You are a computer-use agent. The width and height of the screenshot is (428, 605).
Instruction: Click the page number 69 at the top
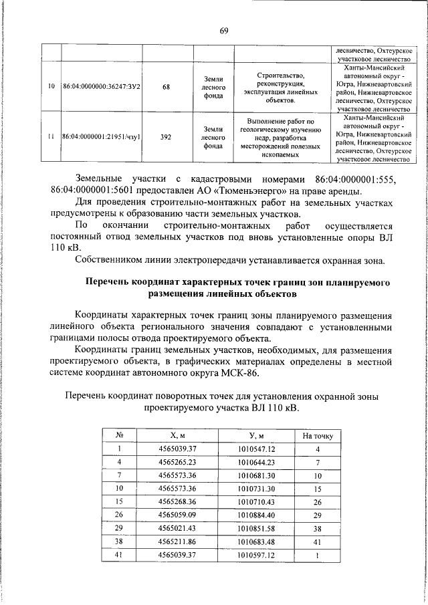coord(223,30)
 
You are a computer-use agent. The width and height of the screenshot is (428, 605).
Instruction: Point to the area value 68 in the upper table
coord(167,87)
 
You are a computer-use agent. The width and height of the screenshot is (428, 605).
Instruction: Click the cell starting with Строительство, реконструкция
coord(280,87)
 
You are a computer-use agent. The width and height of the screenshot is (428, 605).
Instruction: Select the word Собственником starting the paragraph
coord(111,259)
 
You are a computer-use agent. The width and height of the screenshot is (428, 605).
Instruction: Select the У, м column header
coord(257,436)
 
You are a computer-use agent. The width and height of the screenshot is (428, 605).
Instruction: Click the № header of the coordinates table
coord(118,436)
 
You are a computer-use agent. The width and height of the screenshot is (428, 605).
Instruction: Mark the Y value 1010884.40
coord(257,515)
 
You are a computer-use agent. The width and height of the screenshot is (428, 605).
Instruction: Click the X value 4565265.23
coord(177,462)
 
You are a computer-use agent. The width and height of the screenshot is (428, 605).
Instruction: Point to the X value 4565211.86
coord(177,541)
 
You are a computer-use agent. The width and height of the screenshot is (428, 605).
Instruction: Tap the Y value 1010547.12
coord(257,449)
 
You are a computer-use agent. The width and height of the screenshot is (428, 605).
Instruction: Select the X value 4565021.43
coord(177,528)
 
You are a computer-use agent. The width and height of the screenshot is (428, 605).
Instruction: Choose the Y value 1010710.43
coord(257,501)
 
